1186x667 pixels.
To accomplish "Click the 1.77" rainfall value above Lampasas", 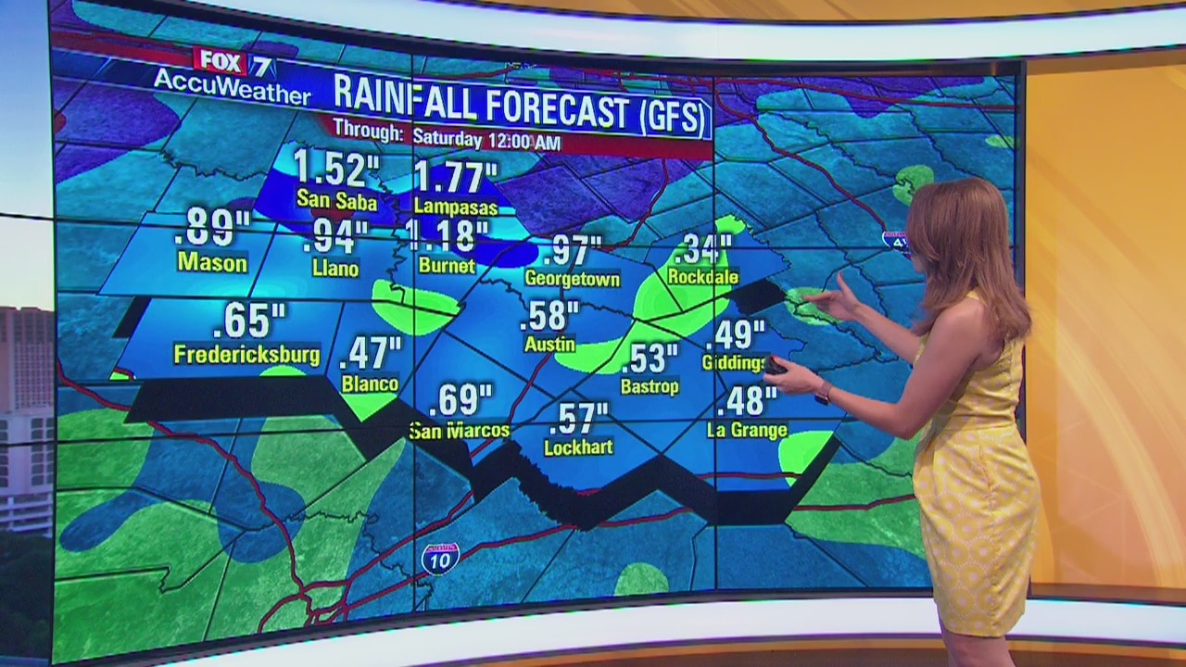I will tap(455, 177).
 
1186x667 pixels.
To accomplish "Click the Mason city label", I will tap(212, 263).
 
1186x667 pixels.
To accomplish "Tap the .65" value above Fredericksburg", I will tap(247, 321).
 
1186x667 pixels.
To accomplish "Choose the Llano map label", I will tap(335, 269).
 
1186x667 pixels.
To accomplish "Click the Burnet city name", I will tap(447, 266).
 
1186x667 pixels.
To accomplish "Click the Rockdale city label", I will tap(703, 277).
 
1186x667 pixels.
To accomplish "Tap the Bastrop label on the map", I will tap(650, 386).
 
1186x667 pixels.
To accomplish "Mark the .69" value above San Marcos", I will tap(461, 400).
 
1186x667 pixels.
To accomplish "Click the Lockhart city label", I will tap(578, 447).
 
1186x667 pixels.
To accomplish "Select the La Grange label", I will tap(747, 430).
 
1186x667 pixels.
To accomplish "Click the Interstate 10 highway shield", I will tap(439, 558).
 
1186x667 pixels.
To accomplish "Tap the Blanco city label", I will tap(370, 384).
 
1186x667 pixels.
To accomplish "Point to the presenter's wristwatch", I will tap(822, 394).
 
